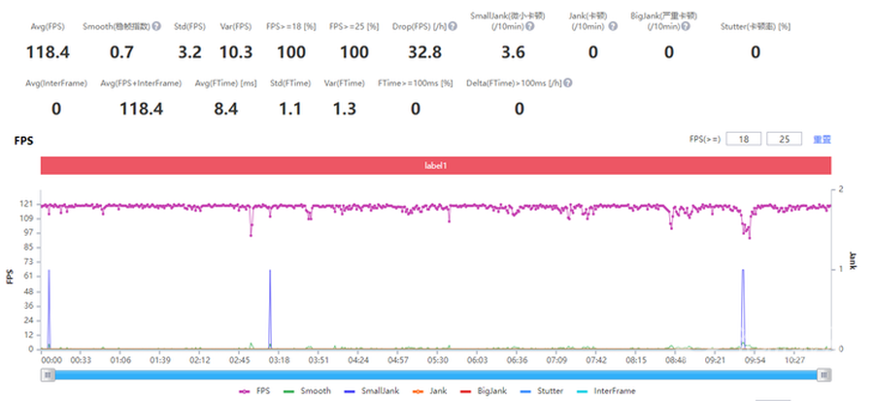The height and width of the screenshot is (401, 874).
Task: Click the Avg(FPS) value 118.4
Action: click(48, 51)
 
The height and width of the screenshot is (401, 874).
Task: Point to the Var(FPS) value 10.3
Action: click(236, 51)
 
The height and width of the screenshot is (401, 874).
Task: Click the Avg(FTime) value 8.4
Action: click(225, 109)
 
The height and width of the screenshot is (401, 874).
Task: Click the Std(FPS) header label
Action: click(188, 24)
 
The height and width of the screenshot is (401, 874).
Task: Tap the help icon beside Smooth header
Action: click(155, 24)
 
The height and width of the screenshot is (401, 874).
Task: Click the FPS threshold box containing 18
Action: click(743, 139)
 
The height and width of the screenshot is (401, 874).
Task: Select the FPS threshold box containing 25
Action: click(784, 139)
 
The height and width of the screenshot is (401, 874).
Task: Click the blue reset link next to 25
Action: click(822, 139)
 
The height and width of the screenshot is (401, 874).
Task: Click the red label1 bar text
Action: click(435, 166)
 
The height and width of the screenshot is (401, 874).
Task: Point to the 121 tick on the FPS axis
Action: click(28, 205)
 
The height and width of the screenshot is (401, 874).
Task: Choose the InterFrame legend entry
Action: click(614, 391)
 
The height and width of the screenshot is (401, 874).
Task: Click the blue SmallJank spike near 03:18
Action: click(270, 291)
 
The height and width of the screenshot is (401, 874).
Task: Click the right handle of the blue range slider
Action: click(824, 375)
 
